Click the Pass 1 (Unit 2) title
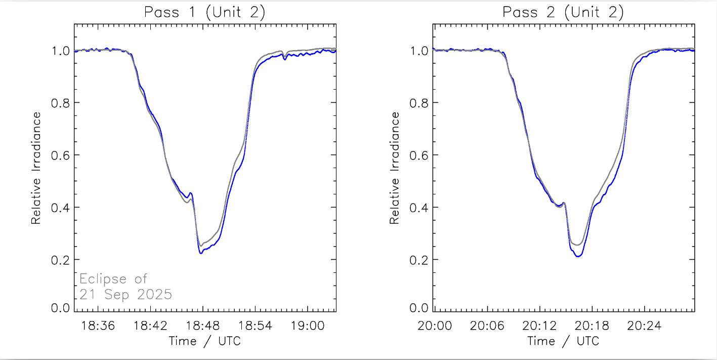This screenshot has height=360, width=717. pos(204,13)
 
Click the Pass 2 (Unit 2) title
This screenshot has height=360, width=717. pos(563,13)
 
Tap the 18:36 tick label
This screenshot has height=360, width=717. pos(99,325)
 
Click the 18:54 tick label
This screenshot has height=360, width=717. pos(255,325)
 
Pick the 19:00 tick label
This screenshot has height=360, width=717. pos(307,325)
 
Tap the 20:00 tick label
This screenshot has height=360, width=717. pos(435,325)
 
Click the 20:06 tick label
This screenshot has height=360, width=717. pos(487,325)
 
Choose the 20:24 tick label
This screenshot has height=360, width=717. pos(643,325)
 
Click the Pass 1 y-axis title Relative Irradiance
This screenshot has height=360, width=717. pos(36,168)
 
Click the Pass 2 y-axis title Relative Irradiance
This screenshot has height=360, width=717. pos(395,168)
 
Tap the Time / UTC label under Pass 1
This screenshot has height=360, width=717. pos(204,341)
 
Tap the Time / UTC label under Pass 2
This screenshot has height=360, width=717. pos(563,341)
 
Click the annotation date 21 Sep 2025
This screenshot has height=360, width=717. pos(125,294)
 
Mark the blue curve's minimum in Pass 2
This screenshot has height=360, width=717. pos(578,256)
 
